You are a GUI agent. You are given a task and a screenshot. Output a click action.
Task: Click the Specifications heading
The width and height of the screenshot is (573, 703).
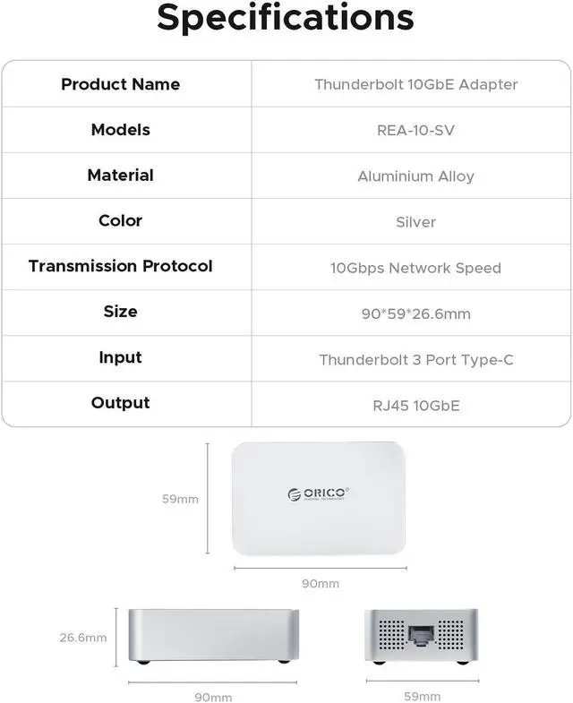point(286,20)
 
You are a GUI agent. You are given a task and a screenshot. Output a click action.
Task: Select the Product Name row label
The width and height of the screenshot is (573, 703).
point(120,84)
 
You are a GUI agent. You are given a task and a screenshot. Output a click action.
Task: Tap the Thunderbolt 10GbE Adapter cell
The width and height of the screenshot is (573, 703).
point(415,84)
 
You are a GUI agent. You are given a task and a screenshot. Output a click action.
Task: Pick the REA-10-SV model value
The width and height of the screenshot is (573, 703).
point(415,131)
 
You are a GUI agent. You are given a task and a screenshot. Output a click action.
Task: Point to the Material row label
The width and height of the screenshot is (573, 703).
point(120,176)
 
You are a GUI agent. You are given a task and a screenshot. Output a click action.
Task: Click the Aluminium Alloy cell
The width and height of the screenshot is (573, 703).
point(415,176)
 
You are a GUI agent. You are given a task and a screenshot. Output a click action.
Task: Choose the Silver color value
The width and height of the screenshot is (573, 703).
point(415,222)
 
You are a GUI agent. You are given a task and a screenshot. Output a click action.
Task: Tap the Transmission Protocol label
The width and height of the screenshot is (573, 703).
point(120,266)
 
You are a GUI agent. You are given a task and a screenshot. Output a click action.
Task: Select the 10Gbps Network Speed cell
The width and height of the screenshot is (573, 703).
point(415,268)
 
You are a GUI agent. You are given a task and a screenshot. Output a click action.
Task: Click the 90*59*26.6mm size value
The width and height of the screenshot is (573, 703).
point(415,313)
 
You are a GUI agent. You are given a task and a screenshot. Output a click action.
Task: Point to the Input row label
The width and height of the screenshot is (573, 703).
point(120,357)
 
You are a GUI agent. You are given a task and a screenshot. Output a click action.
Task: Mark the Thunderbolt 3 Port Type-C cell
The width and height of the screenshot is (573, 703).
point(415,360)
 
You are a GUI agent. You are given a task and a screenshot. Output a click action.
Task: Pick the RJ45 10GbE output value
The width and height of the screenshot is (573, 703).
point(415,406)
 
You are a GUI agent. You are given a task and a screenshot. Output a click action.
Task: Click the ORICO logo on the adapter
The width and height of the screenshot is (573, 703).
point(318,493)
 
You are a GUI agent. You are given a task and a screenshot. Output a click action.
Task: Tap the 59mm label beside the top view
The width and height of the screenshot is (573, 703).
point(180,499)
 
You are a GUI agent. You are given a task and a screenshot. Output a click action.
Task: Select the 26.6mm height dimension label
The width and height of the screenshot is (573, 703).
point(83,638)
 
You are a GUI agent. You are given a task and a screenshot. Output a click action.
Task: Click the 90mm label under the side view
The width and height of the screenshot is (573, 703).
point(213,696)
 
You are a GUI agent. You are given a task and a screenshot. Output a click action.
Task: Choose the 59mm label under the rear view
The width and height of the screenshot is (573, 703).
point(422,696)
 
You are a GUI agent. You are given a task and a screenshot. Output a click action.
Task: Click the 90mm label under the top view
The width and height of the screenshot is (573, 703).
point(320,583)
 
